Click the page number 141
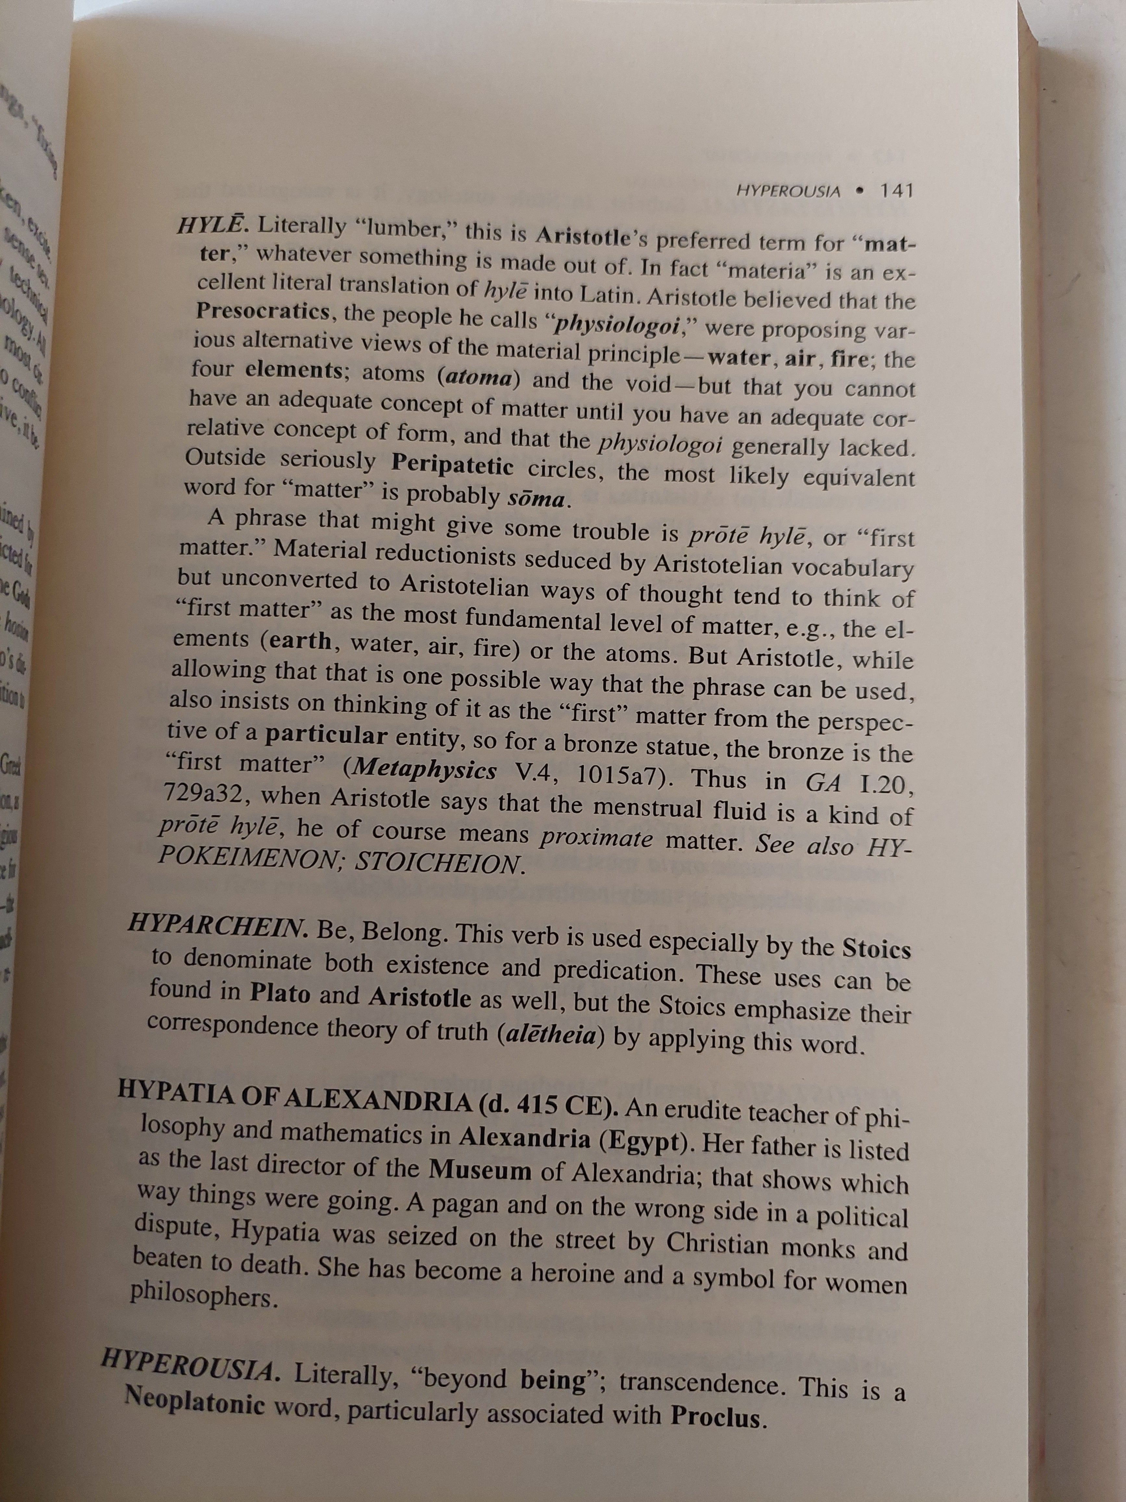pyautogui.click(x=896, y=191)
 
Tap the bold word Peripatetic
pyautogui.click(x=452, y=466)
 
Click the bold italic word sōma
pyautogui.click(x=536, y=499)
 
